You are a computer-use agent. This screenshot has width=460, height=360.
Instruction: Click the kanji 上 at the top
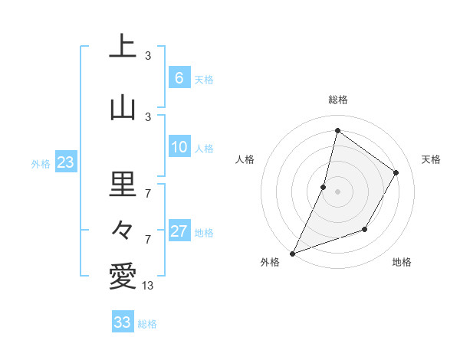[x=123, y=47]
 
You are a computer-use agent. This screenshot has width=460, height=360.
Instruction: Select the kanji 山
[x=123, y=107]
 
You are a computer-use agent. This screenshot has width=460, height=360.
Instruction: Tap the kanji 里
[x=123, y=184]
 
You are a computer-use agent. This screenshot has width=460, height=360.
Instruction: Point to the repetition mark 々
[x=123, y=229]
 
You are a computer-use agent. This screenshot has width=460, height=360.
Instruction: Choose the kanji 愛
[x=123, y=277]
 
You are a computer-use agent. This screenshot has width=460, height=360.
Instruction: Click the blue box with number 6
[x=179, y=78]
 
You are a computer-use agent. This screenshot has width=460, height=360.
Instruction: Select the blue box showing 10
[x=179, y=147]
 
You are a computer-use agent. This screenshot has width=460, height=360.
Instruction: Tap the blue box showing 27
[x=179, y=231]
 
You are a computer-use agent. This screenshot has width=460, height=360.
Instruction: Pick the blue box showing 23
[x=64, y=162]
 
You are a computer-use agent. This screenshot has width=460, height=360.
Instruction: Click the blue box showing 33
[x=122, y=322]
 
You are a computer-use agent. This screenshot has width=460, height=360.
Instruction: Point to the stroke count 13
[x=148, y=286]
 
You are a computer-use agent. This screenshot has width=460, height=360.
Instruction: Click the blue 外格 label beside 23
[x=41, y=163]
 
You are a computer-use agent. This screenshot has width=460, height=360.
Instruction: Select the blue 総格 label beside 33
[x=147, y=324]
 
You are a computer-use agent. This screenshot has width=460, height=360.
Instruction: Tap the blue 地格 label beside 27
[x=204, y=233]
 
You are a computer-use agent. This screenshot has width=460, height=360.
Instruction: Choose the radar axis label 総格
[x=337, y=100]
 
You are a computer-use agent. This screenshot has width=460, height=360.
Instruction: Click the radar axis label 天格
[x=431, y=159]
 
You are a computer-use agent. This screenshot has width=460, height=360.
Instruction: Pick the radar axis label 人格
[x=245, y=159]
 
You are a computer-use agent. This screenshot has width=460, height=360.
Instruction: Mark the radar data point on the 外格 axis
[x=292, y=253]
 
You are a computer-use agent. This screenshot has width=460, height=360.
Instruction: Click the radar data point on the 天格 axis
[x=396, y=172]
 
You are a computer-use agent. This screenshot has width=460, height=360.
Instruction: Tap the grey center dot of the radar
[x=337, y=191]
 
